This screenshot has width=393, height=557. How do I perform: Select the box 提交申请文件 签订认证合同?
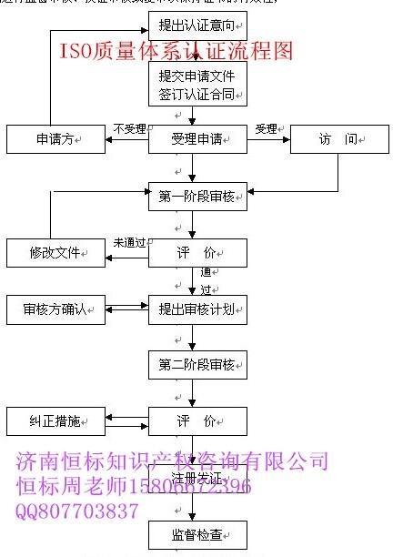[197, 84]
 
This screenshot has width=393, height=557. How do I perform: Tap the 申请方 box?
[57, 139]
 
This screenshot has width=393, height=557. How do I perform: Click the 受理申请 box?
[197, 139]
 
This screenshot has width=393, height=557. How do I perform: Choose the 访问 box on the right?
[328, 139]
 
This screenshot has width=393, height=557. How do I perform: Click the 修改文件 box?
[57, 252]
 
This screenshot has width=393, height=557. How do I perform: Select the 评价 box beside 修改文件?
[197, 252]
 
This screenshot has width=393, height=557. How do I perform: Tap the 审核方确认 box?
[57, 309]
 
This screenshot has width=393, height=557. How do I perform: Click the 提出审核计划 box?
[197, 309]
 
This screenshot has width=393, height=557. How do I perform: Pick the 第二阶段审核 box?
[197, 366]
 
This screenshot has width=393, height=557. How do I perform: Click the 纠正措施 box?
[57, 422]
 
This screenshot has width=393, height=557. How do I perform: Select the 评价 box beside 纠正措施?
[197, 422]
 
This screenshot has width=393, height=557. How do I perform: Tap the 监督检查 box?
[197, 534]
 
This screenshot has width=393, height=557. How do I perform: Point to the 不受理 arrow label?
[130, 128]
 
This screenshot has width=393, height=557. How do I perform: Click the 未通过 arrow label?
[130, 242]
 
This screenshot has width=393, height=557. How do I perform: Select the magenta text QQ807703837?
[77, 511]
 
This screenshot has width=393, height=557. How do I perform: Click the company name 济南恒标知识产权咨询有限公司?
[173, 461]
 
